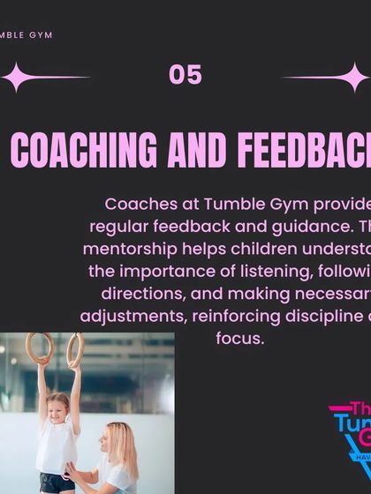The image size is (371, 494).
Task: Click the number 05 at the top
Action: [x=185, y=76]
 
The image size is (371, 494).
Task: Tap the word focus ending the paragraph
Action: [x=239, y=338]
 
